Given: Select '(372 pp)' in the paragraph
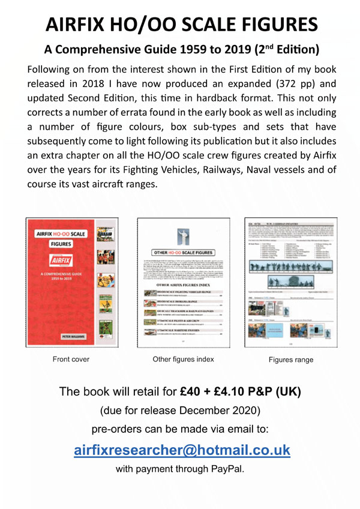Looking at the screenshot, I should [272, 84].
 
